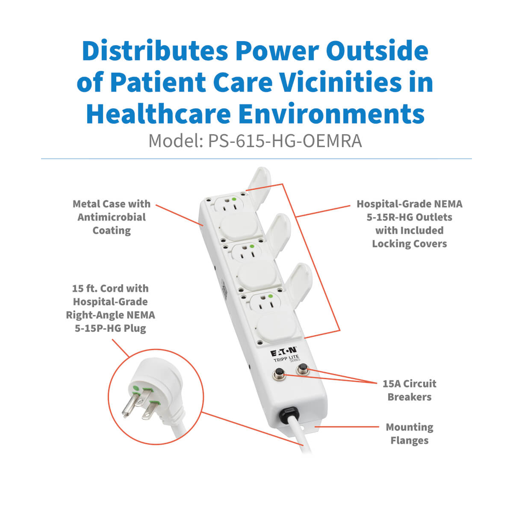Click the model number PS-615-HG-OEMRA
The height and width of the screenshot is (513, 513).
[x=285, y=141]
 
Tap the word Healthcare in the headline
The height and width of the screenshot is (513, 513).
[x=158, y=114]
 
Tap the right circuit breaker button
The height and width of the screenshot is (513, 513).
[x=302, y=368]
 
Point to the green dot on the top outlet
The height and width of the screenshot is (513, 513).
[x=233, y=199]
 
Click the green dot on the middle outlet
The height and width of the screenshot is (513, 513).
[x=251, y=247]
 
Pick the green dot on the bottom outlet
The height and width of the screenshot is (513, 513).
[x=271, y=296]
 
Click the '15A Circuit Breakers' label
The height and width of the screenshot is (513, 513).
[x=409, y=390]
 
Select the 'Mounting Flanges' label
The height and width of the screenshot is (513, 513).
[x=410, y=433]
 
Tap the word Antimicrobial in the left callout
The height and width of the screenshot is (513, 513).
[x=112, y=217]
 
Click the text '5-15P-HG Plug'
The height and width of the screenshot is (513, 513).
[x=110, y=328]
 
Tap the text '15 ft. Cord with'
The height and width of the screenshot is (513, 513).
[x=110, y=288]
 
